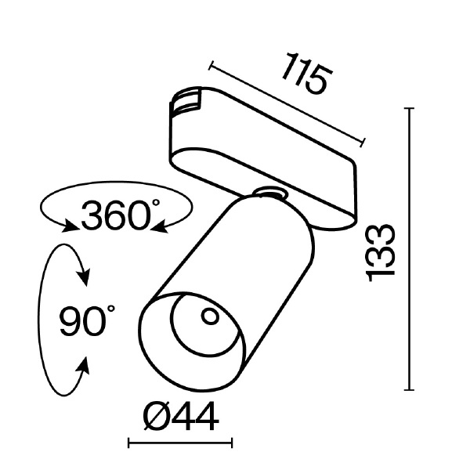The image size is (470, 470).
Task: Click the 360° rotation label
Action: coord(118,215)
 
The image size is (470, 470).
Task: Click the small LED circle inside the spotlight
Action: coord(209,316)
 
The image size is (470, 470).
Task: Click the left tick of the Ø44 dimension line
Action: coord(129,443)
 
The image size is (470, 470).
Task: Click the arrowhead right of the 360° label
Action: coord(163,227)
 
